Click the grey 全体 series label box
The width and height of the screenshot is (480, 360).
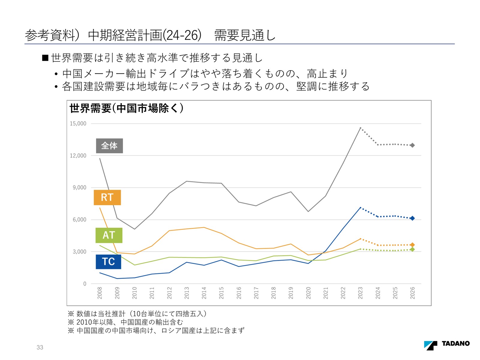tap(109, 146)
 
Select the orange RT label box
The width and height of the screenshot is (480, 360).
tap(107, 197)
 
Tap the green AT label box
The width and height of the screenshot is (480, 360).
tap(109, 235)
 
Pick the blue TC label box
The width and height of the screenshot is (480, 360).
tap(108, 262)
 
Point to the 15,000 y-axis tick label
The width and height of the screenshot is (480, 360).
tap(78, 124)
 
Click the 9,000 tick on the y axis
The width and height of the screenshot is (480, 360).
tap(79, 188)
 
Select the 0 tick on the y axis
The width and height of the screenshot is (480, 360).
tap(85, 284)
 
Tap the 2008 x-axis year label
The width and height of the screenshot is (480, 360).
tap(100, 293)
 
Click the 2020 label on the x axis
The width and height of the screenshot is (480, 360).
tap(308, 293)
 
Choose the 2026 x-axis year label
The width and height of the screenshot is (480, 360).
tap(412, 293)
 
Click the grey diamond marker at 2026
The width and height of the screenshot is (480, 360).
tap(412, 145)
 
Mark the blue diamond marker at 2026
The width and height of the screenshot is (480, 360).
tap(412, 218)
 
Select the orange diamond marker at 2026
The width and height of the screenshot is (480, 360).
tap(412, 245)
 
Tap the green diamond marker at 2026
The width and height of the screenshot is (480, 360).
tap(412, 249)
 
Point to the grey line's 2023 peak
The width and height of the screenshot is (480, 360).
tap(360, 128)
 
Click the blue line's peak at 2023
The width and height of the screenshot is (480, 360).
tap(360, 208)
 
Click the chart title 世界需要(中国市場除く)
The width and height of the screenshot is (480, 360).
tap(126, 108)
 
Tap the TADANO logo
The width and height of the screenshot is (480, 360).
tap(447, 344)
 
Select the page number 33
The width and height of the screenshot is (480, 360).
tap(40, 347)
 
